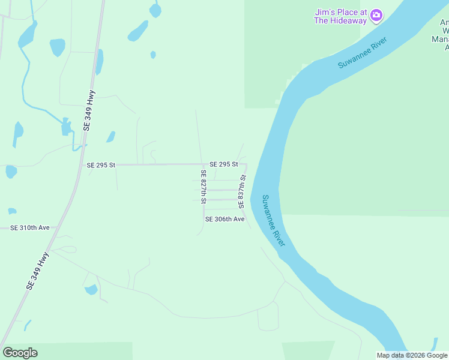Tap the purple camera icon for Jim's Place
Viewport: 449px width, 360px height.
coord(376,15)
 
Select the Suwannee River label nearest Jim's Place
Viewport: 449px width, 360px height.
coord(363,53)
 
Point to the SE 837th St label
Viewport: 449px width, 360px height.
coord(243,193)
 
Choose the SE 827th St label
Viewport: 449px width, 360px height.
coord(203,187)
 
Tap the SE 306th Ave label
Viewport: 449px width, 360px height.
coord(224,220)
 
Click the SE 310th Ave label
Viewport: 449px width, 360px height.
coord(29,228)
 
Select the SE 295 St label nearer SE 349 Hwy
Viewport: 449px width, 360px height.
coord(101,165)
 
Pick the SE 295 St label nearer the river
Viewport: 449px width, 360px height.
coord(223,164)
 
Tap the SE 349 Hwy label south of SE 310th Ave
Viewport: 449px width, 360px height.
coord(37,272)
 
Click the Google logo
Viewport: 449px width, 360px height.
coord(20,353)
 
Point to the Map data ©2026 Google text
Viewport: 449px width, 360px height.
coord(412,355)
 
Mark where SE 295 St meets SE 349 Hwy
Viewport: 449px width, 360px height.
coord(80,164)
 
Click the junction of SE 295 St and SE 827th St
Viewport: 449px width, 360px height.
coord(202,164)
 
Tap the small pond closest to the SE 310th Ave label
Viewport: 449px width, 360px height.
coord(12,211)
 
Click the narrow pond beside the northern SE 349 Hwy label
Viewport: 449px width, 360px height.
coord(100,61)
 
